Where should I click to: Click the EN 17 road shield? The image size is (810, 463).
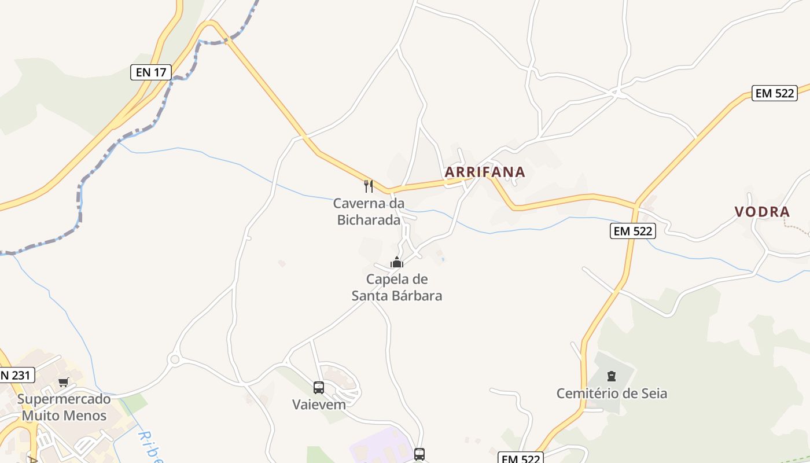coord(151,72)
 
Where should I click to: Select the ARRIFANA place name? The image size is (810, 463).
coord(485,172)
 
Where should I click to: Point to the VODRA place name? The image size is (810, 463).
coord(763,212)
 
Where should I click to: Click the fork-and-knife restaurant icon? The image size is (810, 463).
coord(369,186)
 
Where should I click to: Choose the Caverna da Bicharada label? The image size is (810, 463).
coord(369,212)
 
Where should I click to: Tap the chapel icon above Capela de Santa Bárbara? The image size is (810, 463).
coord(396,262)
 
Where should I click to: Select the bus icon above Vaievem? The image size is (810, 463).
coord(319,388)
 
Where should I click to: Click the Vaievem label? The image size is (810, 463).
coord(319,404)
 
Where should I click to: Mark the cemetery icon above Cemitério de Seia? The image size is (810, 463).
coord(612,377)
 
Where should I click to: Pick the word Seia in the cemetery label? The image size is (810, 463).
coord(652,394)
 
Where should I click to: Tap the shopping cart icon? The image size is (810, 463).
coord(64,382)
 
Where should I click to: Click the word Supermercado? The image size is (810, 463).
coord(64,399)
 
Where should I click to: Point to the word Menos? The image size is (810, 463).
coord(86,416)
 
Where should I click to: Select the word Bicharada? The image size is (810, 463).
coord(369,220)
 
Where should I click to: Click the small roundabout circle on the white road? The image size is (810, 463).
coord(174,359)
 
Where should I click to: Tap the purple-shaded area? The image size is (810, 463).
coord(376,449)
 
